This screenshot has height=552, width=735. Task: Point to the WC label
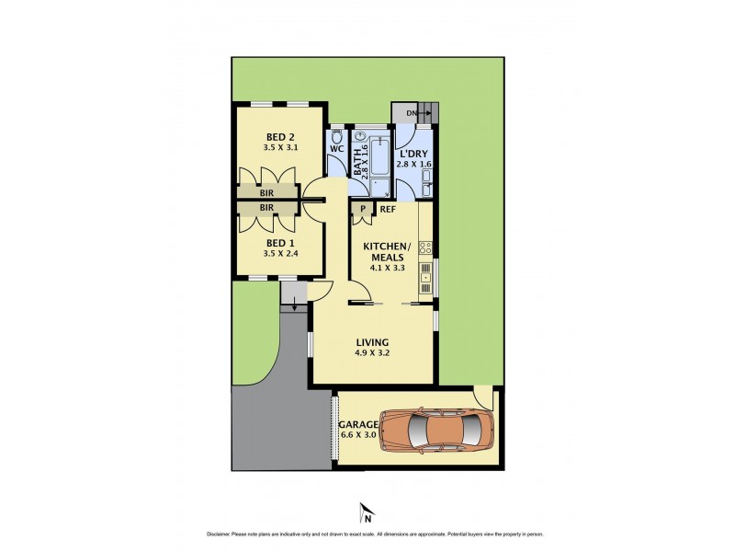pos(336,147)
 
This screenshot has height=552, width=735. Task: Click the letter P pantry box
pos(364,210)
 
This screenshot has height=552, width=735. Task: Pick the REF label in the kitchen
pos(388,210)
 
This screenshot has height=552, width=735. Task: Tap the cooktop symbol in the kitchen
pos(425,247)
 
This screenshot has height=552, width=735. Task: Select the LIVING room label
pos(373,342)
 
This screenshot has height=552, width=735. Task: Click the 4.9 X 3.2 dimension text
pos(373,354)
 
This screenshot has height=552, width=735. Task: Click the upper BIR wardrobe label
pos(266,194)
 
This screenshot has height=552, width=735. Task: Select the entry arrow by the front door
pos(294,307)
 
